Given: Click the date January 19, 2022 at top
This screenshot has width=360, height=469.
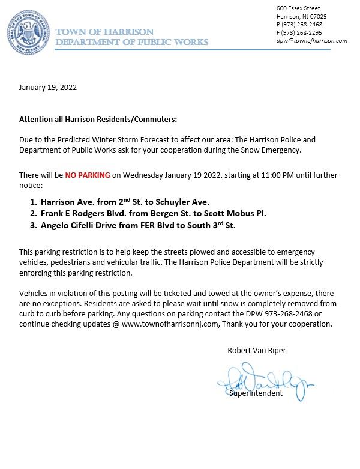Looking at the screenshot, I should [x=47, y=87].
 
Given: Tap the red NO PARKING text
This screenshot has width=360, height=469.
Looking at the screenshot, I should [x=87, y=175].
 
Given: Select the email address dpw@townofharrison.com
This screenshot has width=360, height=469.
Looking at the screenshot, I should [x=312, y=41].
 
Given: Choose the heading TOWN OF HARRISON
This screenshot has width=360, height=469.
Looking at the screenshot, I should [x=104, y=31].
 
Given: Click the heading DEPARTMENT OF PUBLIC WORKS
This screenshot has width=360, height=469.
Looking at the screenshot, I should [x=131, y=42].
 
